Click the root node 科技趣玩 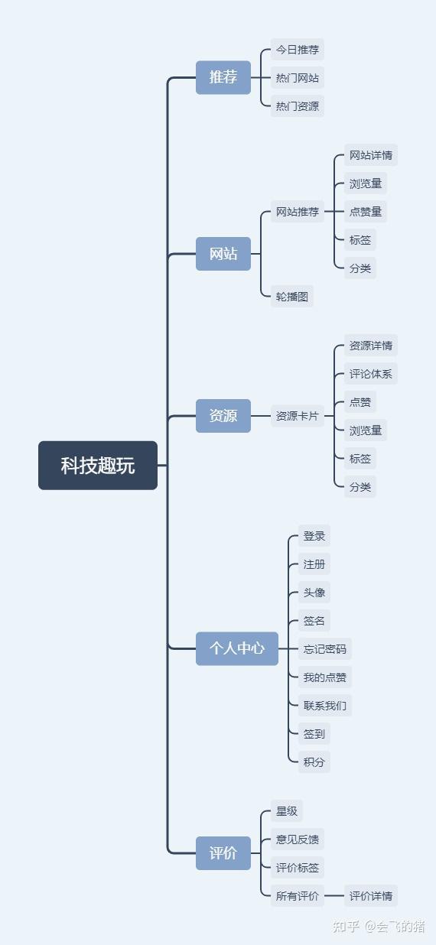(x=98, y=466)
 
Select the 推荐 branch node (x=223, y=77)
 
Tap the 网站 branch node (x=223, y=254)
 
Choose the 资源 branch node (x=223, y=416)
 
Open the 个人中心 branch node (x=237, y=648)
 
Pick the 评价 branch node (x=223, y=853)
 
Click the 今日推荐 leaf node (x=297, y=50)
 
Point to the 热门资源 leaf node (x=297, y=106)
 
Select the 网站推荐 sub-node (x=297, y=211)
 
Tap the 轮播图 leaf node (x=291, y=296)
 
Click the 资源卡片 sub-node (x=297, y=416)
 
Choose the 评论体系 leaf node (x=370, y=373)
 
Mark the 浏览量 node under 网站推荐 (x=365, y=183)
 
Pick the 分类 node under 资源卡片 (x=360, y=486)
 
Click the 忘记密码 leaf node (x=324, y=648)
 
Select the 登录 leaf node (x=314, y=536)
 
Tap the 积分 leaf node (x=314, y=762)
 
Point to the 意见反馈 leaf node (x=297, y=839)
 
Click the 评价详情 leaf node (x=370, y=895)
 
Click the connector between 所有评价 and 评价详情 (x=334, y=895)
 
